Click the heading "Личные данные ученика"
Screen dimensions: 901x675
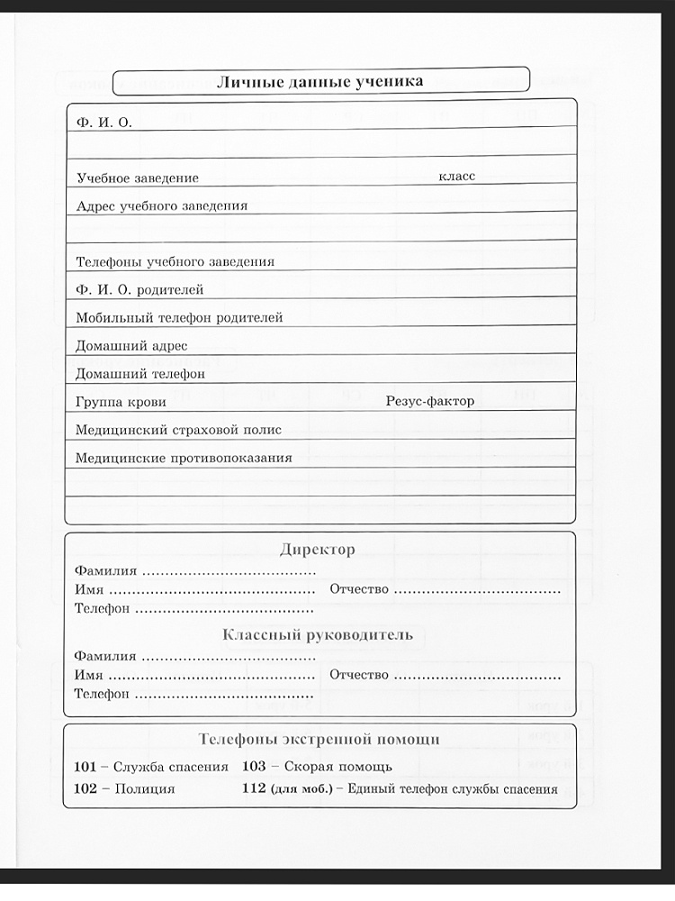click(x=319, y=81)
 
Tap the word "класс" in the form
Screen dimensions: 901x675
click(x=457, y=177)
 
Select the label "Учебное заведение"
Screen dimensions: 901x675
click(x=138, y=178)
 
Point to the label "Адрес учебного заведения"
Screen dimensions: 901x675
click(x=162, y=205)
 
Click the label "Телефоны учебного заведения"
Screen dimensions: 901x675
click(x=175, y=262)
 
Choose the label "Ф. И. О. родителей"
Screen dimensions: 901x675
click(x=140, y=290)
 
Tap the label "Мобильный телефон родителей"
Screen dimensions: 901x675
click(x=180, y=318)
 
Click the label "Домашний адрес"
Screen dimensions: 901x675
click(x=131, y=346)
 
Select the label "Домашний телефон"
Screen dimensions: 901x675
click(x=141, y=374)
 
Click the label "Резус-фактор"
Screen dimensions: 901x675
click(x=429, y=402)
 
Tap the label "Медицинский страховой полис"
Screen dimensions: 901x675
click(x=179, y=430)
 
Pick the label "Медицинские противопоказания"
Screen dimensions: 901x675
click(x=184, y=458)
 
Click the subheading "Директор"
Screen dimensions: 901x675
click(x=318, y=550)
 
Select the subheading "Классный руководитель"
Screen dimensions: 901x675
click(x=318, y=635)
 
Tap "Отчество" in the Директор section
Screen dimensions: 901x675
click(x=360, y=589)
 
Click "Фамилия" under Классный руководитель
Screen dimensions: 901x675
click(x=105, y=656)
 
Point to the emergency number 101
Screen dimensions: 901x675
click(x=85, y=767)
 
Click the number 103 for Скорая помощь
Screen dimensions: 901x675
click(x=255, y=767)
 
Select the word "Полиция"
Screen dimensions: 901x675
click(x=145, y=788)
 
